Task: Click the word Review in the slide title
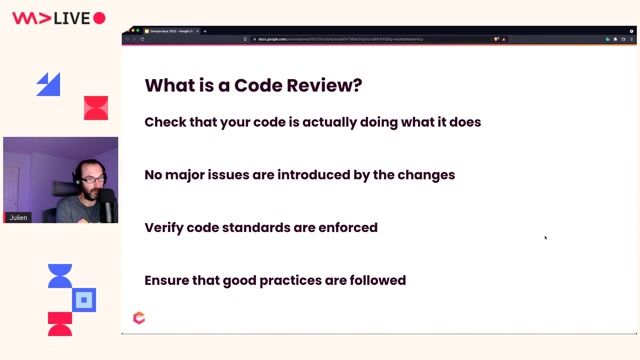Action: (x=319, y=86)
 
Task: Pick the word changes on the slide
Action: (x=426, y=175)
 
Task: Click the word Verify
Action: (x=166, y=228)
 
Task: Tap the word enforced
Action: (x=348, y=228)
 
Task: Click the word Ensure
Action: (x=169, y=281)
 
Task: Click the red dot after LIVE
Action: (x=99, y=18)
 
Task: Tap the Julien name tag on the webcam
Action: (x=17, y=215)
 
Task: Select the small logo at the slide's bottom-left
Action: (x=139, y=318)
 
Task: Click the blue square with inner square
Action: (x=85, y=299)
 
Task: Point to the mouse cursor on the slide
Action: (x=545, y=237)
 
